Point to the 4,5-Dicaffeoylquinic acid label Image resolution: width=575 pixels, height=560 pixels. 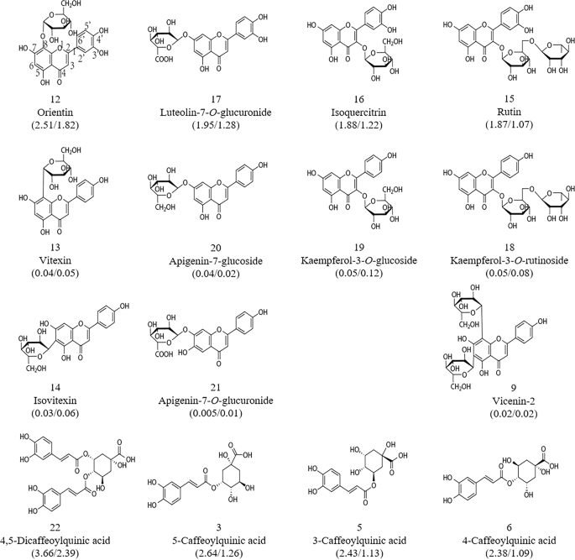point(65,537)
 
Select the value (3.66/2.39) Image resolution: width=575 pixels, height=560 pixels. point(65,550)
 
